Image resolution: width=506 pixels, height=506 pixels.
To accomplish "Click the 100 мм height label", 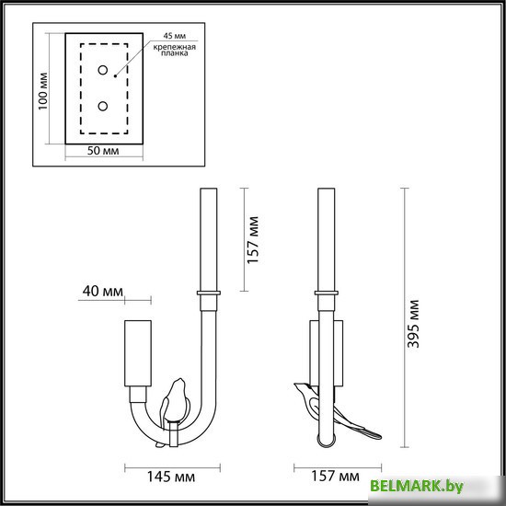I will pyautogui.click(x=42, y=89).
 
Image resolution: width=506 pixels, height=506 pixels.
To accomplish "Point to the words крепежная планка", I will pyautogui.click(x=170, y=48).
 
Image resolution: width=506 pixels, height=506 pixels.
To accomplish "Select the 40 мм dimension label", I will pyautogui.click(x=102, y=292).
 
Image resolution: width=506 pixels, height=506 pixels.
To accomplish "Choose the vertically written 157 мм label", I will pyautogui.click(x=254, y=239).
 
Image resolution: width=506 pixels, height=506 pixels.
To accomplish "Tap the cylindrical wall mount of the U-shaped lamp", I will pyautogui.click(x=137, y=354).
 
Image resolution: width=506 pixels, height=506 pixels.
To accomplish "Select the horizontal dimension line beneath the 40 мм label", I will pyautogui.click(x=116, y=300).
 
